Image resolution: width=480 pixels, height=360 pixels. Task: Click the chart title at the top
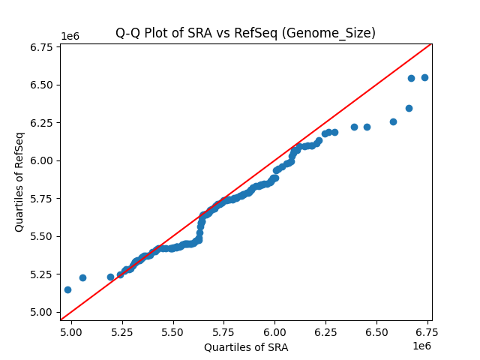point(245,33)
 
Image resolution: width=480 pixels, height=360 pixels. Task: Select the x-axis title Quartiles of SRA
point(245,347)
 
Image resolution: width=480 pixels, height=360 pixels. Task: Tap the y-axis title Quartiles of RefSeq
point(19,181)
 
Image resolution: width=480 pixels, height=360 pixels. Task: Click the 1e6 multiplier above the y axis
point(70,37)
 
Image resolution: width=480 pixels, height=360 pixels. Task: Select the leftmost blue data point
point(67,289)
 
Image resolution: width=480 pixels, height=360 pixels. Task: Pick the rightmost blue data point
point(424,77)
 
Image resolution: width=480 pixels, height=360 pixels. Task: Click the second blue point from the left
point(82,277)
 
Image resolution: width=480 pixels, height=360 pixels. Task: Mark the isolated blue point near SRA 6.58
point(393,121)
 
